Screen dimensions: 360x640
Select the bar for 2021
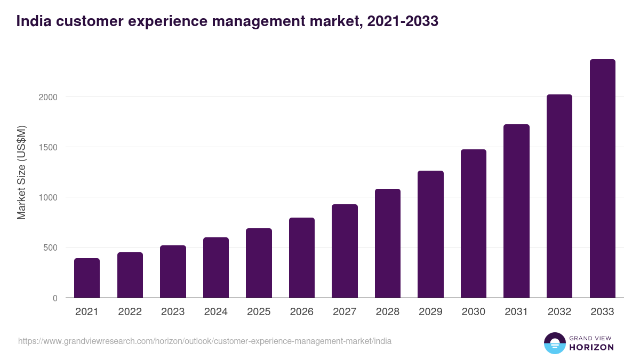point(87,278)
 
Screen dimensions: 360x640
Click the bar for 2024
point(215,268)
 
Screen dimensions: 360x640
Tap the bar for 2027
point(345,251)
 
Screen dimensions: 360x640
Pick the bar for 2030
point(474,223)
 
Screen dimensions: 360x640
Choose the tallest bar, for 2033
point(602,179)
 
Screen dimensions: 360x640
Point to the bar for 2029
point(430,234)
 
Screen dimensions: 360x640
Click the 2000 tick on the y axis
point(48,98)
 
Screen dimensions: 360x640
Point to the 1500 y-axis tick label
point(48,148)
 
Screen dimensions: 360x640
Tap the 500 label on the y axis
point(50,248)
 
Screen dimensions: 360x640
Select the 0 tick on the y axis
point(55,298)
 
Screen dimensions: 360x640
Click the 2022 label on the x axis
point(130,312)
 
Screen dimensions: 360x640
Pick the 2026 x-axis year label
point(301,312)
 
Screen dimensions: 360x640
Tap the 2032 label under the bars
point(559,312)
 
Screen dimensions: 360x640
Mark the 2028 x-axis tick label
point(387,312)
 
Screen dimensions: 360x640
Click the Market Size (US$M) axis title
point(22,172)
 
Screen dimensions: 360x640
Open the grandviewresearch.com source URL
point(204,341)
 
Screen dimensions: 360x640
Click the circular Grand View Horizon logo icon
point(555,343)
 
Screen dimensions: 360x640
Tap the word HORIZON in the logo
point(591,347)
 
